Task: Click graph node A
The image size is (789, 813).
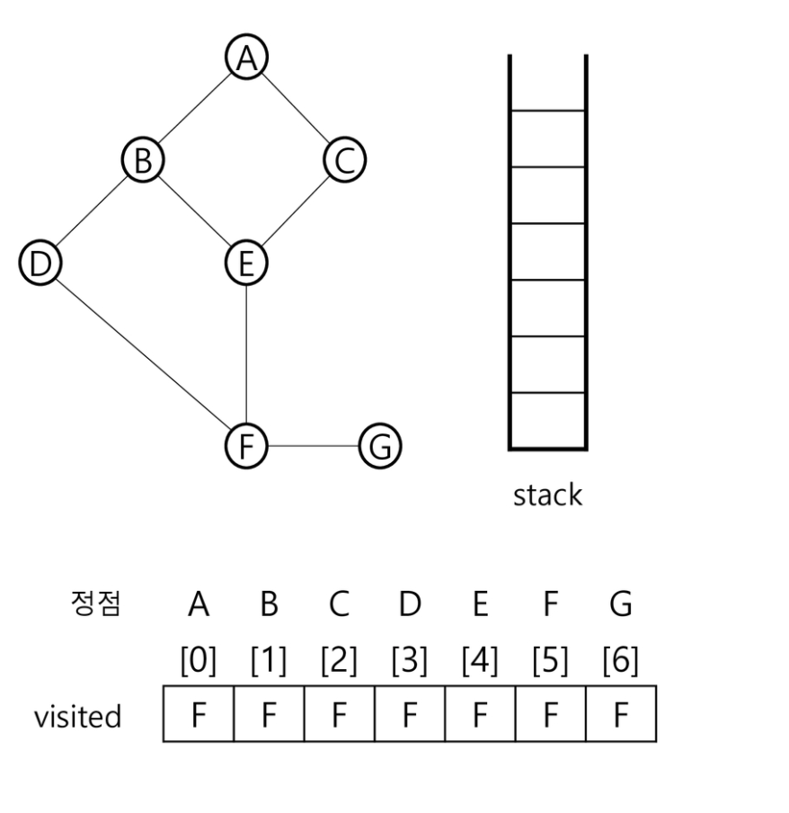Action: (x=245, y=58)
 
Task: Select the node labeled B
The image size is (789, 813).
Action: (x=142, y=161)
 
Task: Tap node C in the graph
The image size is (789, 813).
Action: (x=344, y=161)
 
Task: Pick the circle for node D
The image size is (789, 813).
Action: (x=39, y=263)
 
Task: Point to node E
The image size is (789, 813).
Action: (x=245, y=263)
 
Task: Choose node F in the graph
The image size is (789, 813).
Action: (x=245, y=445)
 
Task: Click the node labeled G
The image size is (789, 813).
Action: (x=379, y=446)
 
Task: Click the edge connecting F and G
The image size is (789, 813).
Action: (x=312, y=445)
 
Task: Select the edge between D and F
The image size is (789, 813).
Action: (x=142, y=353)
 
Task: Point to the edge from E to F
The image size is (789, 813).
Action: (x=245, y=353)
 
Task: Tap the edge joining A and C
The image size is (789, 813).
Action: (x=295, y=110)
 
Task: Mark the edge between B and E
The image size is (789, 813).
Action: (x=193, y=211)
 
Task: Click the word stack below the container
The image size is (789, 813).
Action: (x=547, y=495)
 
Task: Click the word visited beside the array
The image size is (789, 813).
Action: (x=77, y=716)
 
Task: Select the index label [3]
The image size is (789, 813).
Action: (x=409, y=662)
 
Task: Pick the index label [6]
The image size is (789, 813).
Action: (x=620, y=662)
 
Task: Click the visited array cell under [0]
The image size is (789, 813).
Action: (x=198, y=714)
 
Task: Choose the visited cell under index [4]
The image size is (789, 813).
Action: (x=480, y=714)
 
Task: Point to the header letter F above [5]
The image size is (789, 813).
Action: (x=550, y=604)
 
